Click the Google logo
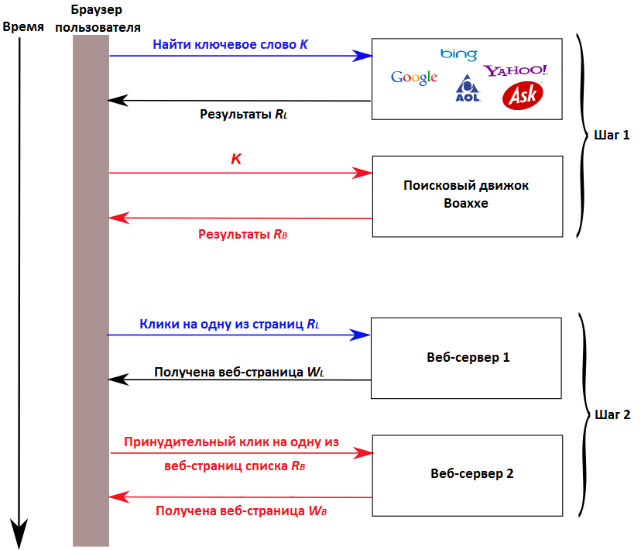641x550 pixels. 414,77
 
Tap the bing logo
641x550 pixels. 459,54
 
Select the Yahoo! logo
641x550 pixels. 516,70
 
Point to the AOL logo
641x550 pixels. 468,88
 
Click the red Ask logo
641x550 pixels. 523,95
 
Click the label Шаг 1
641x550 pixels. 612,135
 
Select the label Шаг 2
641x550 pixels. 612,414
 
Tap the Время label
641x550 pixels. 23,26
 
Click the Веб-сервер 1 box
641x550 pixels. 467,357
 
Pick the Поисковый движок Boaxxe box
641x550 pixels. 467,195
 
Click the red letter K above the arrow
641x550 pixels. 237,160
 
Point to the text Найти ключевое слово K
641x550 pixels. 230,45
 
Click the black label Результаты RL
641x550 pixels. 244,114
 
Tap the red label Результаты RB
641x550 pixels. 243,233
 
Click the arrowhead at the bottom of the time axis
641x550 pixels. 21,535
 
